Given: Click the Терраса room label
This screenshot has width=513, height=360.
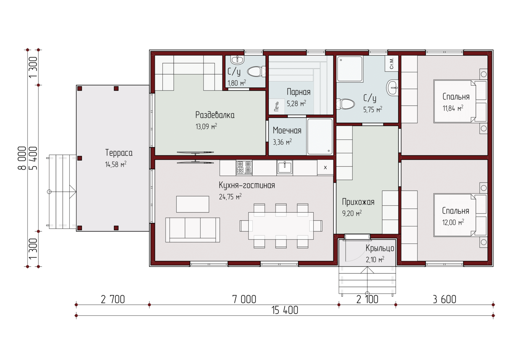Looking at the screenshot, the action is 119,153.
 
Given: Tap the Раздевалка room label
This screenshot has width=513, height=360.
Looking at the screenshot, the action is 215,115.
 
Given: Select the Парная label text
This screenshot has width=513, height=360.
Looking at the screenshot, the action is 299,92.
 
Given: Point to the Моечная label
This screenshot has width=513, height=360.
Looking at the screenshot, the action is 287,130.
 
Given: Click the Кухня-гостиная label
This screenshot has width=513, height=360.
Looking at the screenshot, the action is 247,185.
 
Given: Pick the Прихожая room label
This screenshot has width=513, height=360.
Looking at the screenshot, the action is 358,202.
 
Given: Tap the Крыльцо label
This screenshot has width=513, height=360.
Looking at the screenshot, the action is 380,248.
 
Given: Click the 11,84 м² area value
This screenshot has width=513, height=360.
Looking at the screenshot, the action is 453,108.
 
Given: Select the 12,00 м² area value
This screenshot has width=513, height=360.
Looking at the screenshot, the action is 453,222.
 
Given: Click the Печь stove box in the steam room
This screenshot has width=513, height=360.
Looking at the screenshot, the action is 277,106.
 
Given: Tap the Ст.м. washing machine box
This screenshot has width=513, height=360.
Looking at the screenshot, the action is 392,63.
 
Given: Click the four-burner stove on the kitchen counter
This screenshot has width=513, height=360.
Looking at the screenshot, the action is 244,167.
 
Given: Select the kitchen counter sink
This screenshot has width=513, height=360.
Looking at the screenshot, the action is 285,167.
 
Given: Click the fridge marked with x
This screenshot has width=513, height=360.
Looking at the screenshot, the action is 325,167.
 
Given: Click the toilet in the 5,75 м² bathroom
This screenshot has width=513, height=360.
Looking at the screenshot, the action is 346,104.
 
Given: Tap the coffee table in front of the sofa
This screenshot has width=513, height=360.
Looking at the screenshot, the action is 193,204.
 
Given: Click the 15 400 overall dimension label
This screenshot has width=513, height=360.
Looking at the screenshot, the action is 285,310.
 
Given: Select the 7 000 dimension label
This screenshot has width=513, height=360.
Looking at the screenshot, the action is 244,299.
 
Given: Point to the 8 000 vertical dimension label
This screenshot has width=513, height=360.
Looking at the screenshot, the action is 22,158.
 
